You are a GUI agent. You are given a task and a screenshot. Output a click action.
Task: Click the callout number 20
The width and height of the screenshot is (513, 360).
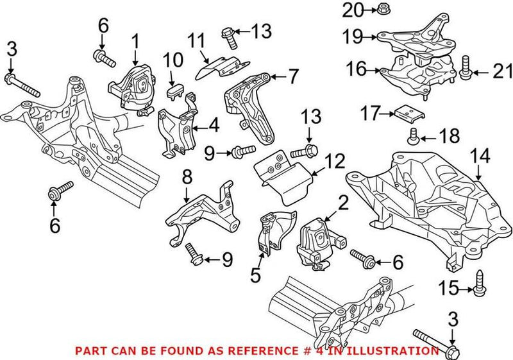[x=353, y=10]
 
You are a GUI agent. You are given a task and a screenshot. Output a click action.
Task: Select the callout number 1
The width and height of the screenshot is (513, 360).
[x=135, y=42]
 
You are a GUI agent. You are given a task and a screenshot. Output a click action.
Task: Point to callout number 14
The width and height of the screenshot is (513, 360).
[x=480, y=156]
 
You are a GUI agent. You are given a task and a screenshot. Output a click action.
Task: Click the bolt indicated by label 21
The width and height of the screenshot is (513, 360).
[x=464, y=69]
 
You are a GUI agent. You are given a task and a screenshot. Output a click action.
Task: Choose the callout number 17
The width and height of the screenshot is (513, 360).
[x=370, y=113]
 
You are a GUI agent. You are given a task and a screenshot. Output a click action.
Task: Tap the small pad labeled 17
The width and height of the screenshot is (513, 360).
[x=409, y=112]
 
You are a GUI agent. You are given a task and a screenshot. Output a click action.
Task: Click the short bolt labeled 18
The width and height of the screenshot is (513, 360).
[x=413, y=136]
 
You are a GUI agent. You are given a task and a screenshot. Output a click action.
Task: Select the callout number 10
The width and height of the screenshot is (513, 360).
[x=173, y=60]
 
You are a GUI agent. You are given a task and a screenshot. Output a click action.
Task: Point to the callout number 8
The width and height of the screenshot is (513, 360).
[x=187, y=178]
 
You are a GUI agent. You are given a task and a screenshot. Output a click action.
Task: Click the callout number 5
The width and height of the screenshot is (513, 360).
[x=255, y=275]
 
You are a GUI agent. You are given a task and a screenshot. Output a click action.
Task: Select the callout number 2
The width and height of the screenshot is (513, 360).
[x=343, y=203]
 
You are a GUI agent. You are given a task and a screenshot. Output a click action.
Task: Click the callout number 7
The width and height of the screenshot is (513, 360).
[x=292, y=76]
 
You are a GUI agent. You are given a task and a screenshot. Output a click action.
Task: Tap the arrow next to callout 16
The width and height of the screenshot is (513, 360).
[x=373, y=70]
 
